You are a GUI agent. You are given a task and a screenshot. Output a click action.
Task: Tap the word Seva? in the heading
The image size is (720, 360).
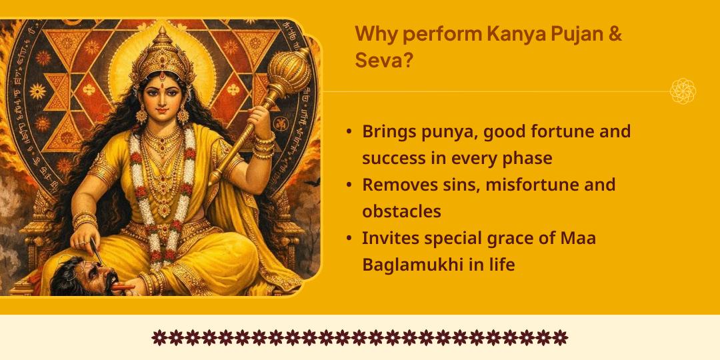pyautogui.click(x=383, y=61)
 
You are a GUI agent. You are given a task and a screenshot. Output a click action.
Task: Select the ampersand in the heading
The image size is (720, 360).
pyautogui.click(x=615, y=34)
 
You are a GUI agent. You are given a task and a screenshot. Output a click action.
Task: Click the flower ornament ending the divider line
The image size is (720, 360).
pyautogui.click(x=683, y=91)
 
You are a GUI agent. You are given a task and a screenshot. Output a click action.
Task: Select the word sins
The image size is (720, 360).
pyautogui.click(x=458, y=185)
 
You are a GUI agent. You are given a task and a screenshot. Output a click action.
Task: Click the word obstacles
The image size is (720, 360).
pyautogui.click(x=401, y=211)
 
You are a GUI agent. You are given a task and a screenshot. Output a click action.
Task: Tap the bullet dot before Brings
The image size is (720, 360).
pyautogui.click(x=349, y=132)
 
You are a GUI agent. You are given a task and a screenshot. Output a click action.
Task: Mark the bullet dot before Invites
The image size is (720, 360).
pyautogui.click(x=349, y=238)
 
